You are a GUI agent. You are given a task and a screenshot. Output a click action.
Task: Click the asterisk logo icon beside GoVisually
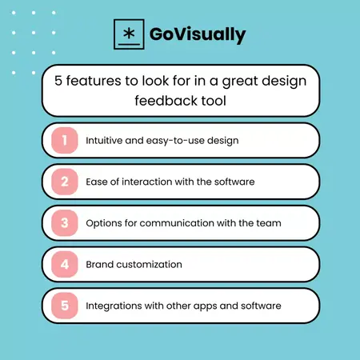128,35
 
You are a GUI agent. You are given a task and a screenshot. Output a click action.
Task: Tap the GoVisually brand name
198,35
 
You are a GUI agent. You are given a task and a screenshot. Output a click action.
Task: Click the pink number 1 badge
64,140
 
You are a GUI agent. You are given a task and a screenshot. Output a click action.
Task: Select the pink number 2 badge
64,182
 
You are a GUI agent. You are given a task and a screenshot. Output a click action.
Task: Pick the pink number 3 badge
64,222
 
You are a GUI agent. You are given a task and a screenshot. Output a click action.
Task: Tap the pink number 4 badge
64,264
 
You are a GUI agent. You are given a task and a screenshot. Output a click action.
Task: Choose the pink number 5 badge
64,305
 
